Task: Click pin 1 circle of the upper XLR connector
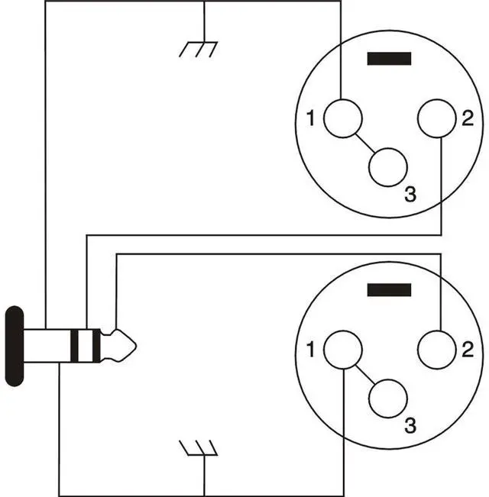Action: pos(342,119)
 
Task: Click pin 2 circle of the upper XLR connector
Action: pos(436,119)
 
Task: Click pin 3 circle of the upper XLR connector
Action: pos(388,166)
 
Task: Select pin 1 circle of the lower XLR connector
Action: pos(342,350)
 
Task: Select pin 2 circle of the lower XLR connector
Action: pos(436,350)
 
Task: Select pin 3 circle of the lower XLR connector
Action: pos(388,397)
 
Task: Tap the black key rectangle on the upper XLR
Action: pos(389,59)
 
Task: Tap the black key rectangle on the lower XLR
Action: pos(389,290)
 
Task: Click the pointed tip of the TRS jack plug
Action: pos(131,346)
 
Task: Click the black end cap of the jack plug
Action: pos(14,346)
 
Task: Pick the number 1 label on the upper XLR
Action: pos(309,119)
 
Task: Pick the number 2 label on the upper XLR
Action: pos(468,119)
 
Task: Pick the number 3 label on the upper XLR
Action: pos(410,195)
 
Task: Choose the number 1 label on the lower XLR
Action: pos(309,350)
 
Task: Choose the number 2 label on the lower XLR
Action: pos(468,350)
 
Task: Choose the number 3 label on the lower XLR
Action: pos(410,425)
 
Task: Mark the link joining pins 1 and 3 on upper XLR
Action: pos(364,144)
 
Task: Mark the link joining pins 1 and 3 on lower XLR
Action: pos(364,374)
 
